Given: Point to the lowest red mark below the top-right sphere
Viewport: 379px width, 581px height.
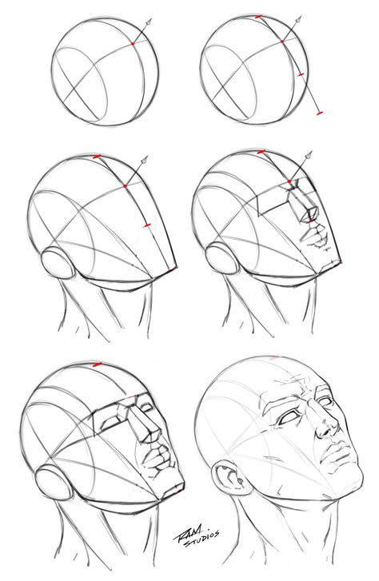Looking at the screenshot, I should [x=319, y=113].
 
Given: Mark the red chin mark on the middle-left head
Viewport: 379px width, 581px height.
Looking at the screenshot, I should [x=172, y=270].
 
